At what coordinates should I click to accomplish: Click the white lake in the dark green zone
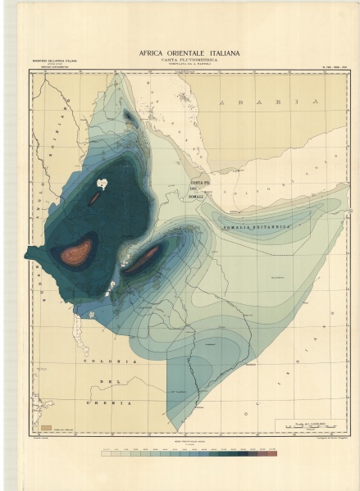103,184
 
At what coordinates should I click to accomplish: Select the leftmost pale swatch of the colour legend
104,452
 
